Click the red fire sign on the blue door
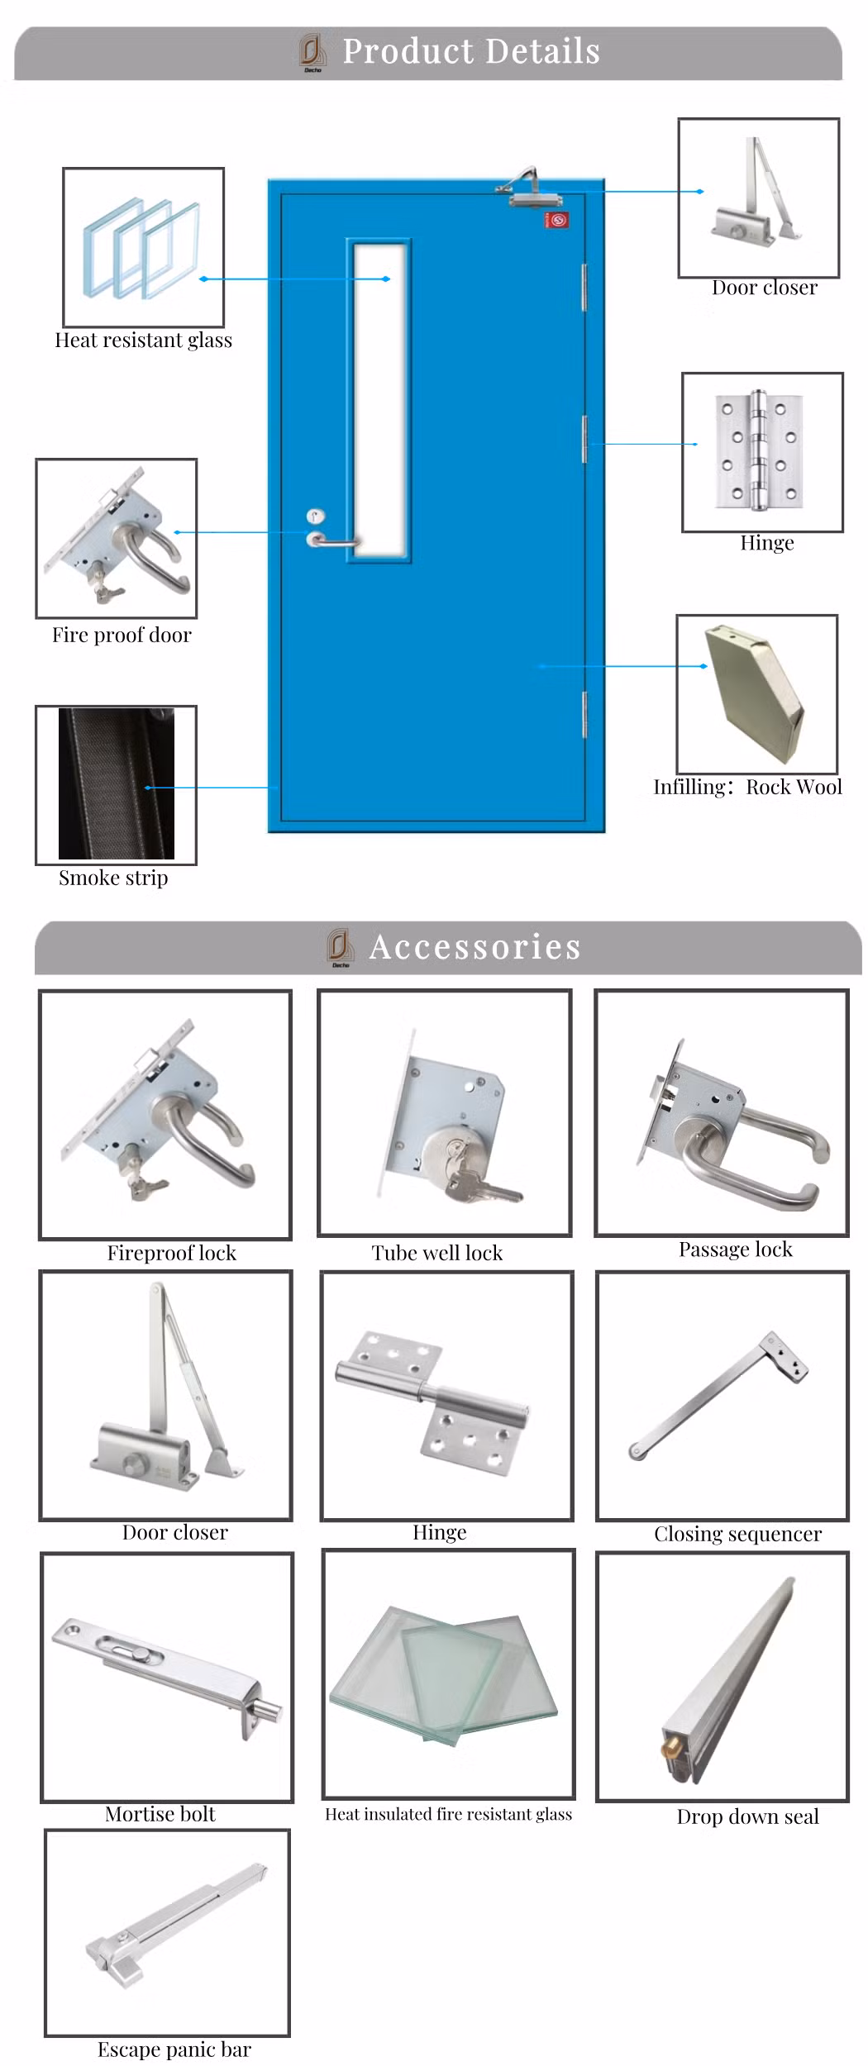[x=556, y=221]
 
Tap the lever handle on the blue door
[x=334, y=542]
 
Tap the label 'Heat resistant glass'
[x=143, y=340]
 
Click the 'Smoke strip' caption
[x=113, y=878]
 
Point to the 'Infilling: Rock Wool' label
[x=747, y=787]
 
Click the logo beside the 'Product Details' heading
[x=312, y=52]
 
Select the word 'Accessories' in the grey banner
[x=475, y=947]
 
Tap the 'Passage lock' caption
[x=735, y=1250]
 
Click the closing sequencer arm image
[x=718, y=1396]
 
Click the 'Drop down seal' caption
[x=747, y=1816]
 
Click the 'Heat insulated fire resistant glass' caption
[x=448, y=1814]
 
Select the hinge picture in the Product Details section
[x=761, y=451]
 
